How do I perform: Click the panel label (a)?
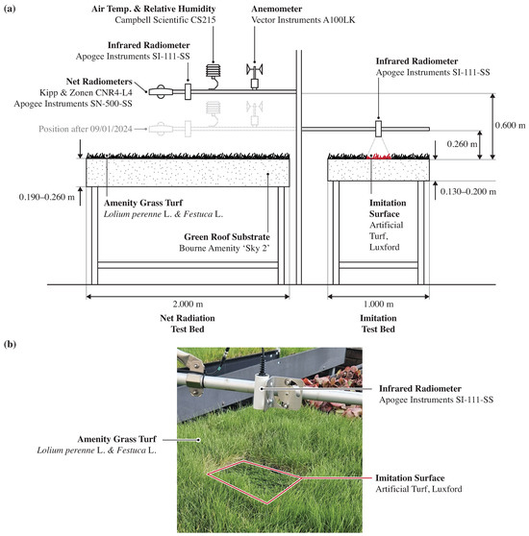[x=10, y=9]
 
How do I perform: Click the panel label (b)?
[x=10, y=344]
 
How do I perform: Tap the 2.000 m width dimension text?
[x=188, y=304]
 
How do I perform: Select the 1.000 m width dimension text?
[x=378, y=304]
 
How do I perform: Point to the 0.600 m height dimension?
[x=510, y=125]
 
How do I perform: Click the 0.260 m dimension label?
[x=462, y=144]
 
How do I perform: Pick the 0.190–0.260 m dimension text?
[x=46, y=197]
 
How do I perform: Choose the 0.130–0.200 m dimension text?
[x=467, y=191]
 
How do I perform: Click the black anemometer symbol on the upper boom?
[x=255, y=76]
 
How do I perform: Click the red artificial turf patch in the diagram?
[x=378, y=157]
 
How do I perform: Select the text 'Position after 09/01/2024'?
[x=86, y=129]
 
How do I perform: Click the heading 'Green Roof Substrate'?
[x=227, y=237]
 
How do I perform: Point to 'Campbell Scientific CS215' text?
[x=165, y=20]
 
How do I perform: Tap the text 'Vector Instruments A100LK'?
[x=303, y=20]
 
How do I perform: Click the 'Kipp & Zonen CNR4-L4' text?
[x=86, y=92]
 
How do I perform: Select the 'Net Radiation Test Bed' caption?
[x=188, y=324]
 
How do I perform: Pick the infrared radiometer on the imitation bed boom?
[x=378, y=129]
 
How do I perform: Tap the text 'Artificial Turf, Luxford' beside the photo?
[x=418, y=489]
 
